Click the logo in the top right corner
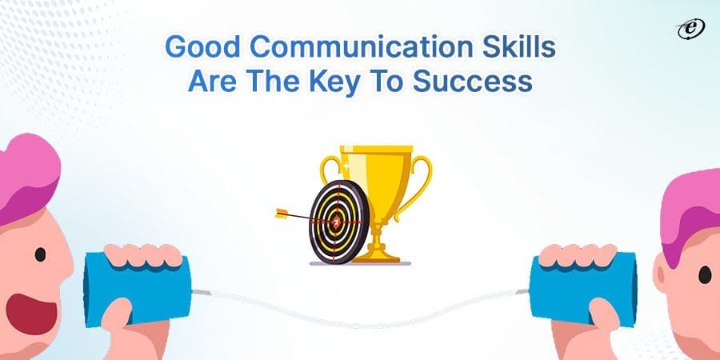[x=687, y=29]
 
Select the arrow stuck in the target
[x=300, y=214]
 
